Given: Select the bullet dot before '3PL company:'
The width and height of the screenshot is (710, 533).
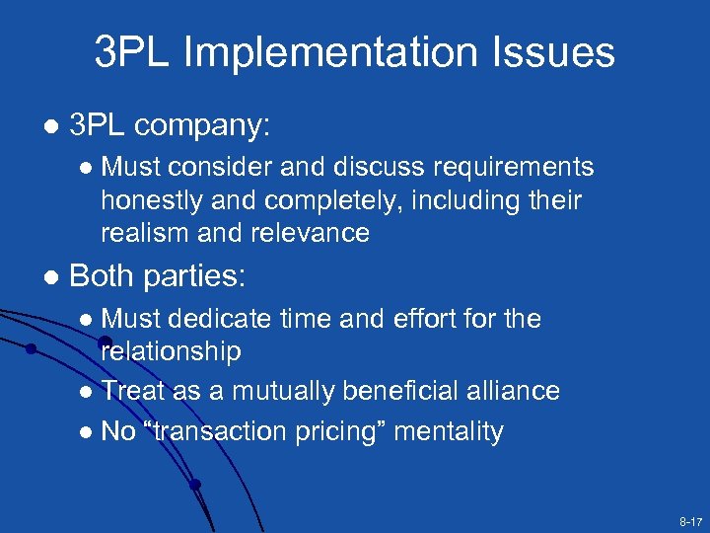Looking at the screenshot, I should (x=50, y=127).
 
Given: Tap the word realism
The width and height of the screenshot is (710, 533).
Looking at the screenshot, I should (x=147, y=233).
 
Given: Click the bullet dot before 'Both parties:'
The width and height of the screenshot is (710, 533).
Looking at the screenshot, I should (x=50, y=276).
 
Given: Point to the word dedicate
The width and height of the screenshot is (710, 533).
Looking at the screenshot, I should (x=220, y=319).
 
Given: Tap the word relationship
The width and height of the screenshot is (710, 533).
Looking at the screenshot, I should (x=171, y=350).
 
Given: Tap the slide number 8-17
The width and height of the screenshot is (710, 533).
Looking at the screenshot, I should (x=689, y=519).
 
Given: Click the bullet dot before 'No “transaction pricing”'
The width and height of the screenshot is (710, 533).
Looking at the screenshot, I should (x=88, y=432).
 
